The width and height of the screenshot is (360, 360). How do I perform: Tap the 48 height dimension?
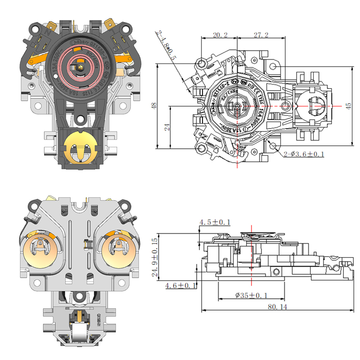tap(153, 106)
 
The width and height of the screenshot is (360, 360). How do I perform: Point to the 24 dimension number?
tap(167, 127)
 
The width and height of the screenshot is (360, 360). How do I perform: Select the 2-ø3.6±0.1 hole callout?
tap(305, 154)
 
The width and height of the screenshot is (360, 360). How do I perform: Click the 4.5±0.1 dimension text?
tap(215, 222)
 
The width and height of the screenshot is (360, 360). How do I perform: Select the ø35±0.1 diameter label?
tap(252, 295)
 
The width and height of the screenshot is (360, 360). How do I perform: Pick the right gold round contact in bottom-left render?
tap(120, 250)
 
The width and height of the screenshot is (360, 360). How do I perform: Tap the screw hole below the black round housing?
tap(81, 120)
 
